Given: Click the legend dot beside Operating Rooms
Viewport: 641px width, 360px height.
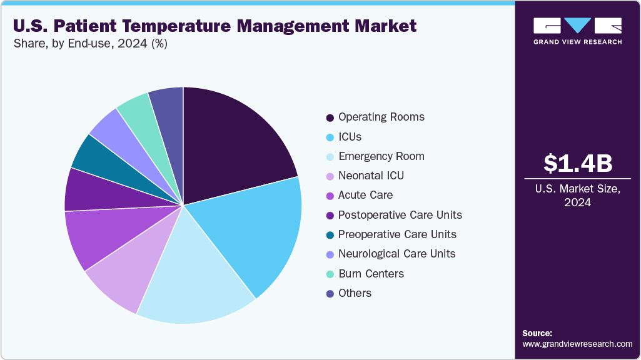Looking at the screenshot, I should [x=330, y=117].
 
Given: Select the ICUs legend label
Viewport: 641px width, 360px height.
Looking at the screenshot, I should [x=350, y=137].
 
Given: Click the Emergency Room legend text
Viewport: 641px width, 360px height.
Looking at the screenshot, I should [x=381, y=156].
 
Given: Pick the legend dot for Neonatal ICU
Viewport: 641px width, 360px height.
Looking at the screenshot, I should [x=330, y=176].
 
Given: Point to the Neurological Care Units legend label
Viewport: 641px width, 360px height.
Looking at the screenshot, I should [x=396, y=254].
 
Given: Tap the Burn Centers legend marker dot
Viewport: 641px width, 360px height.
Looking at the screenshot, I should [x=330, y=274].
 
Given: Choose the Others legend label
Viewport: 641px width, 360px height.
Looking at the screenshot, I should [x=355, y=293].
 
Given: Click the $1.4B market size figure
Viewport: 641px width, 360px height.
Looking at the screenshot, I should [x=577, y=164].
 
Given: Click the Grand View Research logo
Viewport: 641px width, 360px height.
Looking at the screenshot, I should [x=577, y=30].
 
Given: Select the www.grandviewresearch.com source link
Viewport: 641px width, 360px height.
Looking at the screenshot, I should [x=577, y=344].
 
